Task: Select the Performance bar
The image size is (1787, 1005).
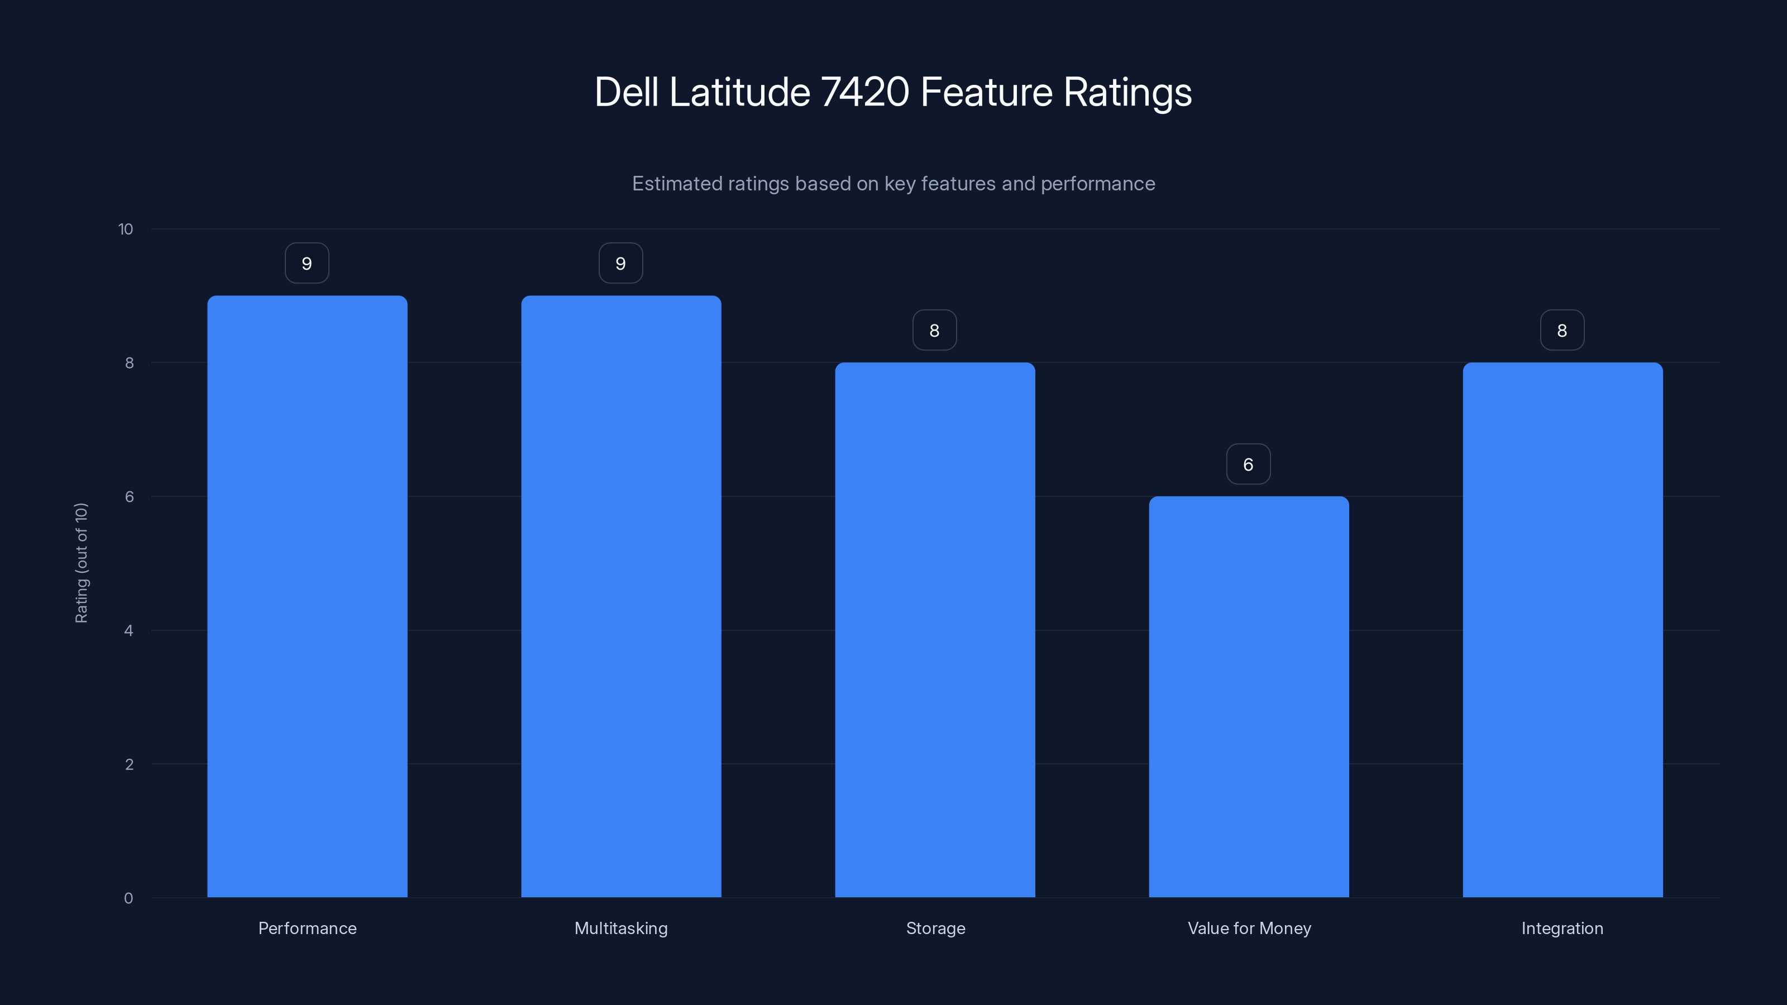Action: point(307,596)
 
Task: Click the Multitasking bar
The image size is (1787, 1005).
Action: point(621,596)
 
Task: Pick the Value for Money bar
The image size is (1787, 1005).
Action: point(1249,696)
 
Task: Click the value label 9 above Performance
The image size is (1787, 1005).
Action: point(307,264)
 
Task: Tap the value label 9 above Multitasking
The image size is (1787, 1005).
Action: point(621,264)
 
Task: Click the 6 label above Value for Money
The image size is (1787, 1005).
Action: point(1248,465)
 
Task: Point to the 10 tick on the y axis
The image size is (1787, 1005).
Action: point(126,229)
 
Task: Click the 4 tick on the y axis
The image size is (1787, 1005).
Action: point(128,630)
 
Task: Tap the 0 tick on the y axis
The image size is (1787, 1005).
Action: point(128,898)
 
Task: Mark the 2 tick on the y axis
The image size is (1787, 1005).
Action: point(129,764)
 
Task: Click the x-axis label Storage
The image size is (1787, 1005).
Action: point(935,928)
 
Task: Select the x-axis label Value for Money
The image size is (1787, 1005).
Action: point(1249,928)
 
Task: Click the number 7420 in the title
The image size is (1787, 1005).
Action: point(864,92)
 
